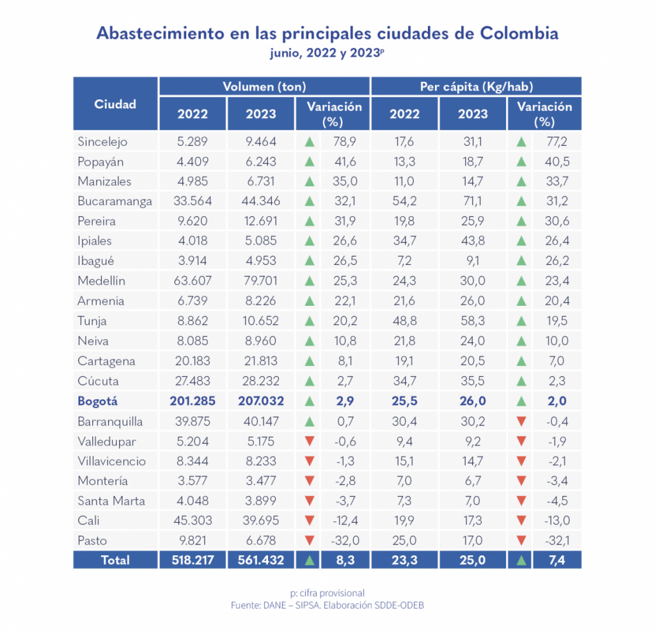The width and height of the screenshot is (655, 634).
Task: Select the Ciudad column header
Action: pos(115,104)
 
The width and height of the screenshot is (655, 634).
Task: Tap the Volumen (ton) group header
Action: pos(264,86)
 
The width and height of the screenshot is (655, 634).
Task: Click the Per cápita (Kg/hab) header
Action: pos(477,86)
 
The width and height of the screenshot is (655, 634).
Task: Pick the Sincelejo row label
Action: pos(102,141)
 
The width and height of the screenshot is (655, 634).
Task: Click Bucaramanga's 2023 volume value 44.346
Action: pos(261,202)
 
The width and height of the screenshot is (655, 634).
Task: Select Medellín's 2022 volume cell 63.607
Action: pos(193,281)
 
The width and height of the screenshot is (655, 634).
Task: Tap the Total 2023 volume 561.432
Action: pos(261,560)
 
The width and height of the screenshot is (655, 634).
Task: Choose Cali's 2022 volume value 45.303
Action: pos(193,521)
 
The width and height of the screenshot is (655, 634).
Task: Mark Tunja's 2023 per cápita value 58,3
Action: pos(473,321)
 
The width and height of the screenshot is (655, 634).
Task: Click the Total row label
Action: pos(115,560)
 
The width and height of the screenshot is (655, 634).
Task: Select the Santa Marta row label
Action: pos(111,501)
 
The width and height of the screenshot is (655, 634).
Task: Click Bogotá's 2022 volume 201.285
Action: pos(193,402)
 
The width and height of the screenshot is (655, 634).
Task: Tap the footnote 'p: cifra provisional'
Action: pos(327,592)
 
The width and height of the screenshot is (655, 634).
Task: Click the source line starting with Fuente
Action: pos(327,605)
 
